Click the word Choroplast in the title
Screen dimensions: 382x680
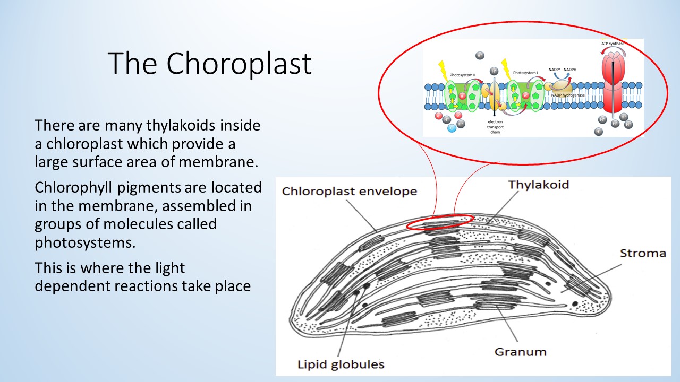[239, 64]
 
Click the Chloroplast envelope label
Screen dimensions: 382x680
[349, 192]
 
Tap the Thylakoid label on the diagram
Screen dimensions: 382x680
[538, 185]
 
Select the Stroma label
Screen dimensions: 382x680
[643, 253]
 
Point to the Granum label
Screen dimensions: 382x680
[520, 351]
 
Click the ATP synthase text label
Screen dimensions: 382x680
[613, 44]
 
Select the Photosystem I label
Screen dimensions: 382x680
[526, 73]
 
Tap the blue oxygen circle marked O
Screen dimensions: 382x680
[451, 127]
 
